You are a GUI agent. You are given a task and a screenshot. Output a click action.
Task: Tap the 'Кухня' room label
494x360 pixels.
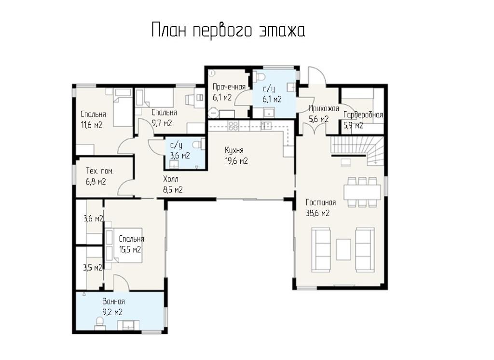coord(234,150)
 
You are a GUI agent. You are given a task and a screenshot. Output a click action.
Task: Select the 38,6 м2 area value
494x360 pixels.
coord(317,213)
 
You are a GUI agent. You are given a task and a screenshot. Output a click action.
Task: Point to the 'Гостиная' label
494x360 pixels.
coord(321,202)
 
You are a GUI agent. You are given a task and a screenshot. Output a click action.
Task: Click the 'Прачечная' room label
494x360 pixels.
coord(229,87)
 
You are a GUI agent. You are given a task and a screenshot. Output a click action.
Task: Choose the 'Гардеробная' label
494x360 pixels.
coord(363,115)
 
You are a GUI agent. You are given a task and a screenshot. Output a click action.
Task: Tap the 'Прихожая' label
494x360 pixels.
coord(324,109)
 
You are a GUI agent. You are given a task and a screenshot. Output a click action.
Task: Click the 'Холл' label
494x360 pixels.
coord(171,179)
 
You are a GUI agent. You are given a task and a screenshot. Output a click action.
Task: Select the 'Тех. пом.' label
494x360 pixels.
coord(100,171)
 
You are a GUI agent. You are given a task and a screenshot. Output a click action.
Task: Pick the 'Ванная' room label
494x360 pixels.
coord(113,302)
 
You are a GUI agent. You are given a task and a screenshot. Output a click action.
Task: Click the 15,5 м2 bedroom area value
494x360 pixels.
coord(130,250)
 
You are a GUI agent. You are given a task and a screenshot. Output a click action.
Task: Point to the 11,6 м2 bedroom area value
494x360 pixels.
coord(92,125)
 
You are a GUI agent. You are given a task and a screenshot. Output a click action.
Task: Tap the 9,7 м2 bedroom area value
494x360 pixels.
coord(162,123)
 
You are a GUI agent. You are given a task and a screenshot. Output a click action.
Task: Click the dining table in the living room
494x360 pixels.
coord(362,192)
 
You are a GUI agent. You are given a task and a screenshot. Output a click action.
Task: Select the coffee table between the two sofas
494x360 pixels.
coord(343,249)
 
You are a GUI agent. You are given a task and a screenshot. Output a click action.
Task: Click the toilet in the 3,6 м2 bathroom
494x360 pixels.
coord(197,144)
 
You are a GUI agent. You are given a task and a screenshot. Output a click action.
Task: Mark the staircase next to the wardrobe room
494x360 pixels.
coord(357,150)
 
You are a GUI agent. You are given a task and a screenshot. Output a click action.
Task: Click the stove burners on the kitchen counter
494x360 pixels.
coord(233,126)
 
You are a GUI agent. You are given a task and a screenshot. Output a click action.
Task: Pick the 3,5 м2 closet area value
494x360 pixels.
coord(93,268)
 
